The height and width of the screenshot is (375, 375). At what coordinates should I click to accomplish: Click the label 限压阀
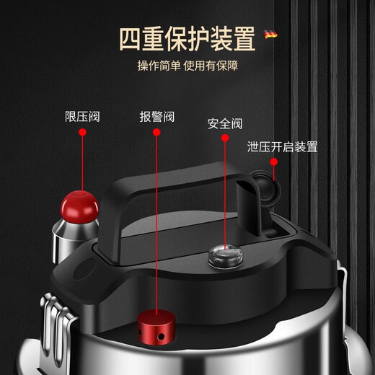(82, 116)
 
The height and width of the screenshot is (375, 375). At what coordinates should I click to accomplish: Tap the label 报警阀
(156, 116)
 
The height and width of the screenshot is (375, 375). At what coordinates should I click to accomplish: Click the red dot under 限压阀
(82, 132)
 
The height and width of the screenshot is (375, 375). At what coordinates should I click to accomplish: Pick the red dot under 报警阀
(156, 133)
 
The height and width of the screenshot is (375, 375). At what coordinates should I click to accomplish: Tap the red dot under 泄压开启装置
(274, 163)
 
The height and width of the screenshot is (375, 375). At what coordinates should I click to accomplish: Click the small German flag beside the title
(271, 34)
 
